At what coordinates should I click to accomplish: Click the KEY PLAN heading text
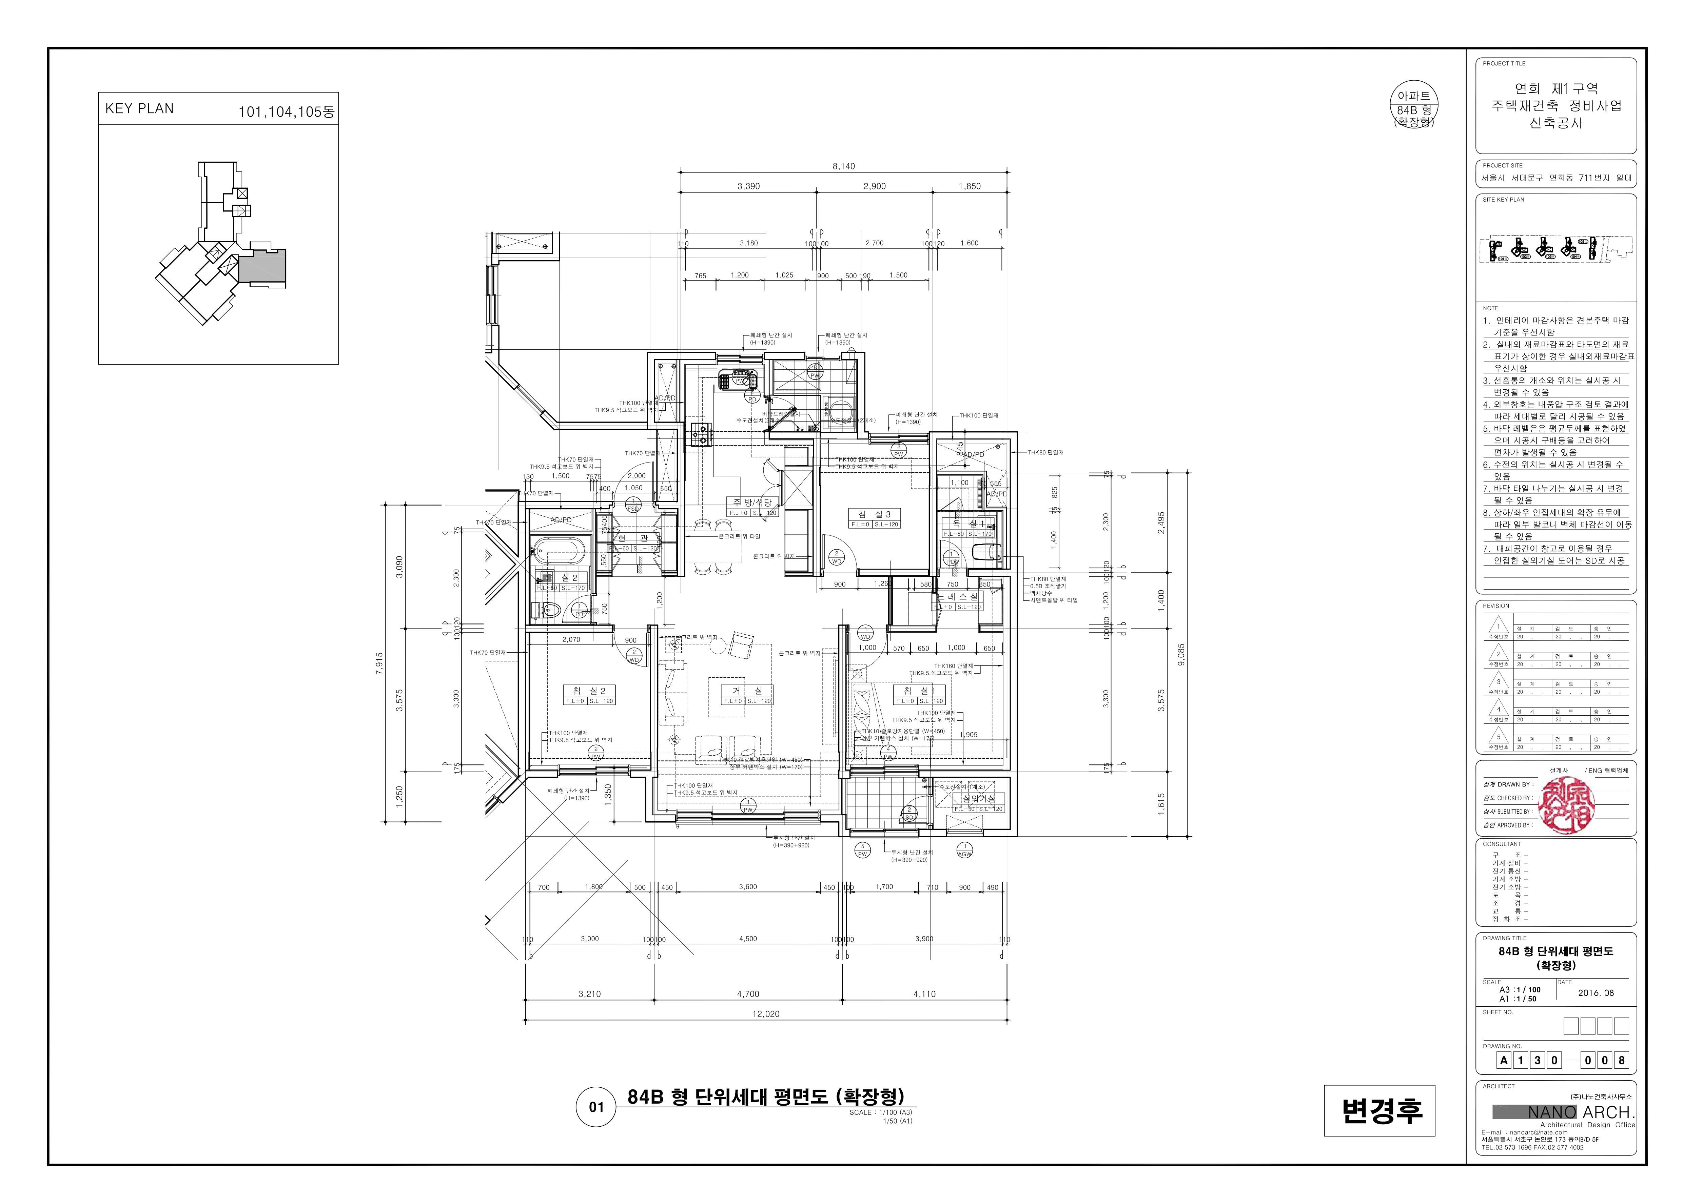pyautogui.click(x=139, y=108)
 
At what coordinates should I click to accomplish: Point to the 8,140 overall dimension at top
pyautogui.click(x=843, y=166)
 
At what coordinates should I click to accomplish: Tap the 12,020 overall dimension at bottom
pyautogui.click(x=765, y=1014)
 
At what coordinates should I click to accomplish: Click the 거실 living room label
pyautogui.click(x=748, y=691)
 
